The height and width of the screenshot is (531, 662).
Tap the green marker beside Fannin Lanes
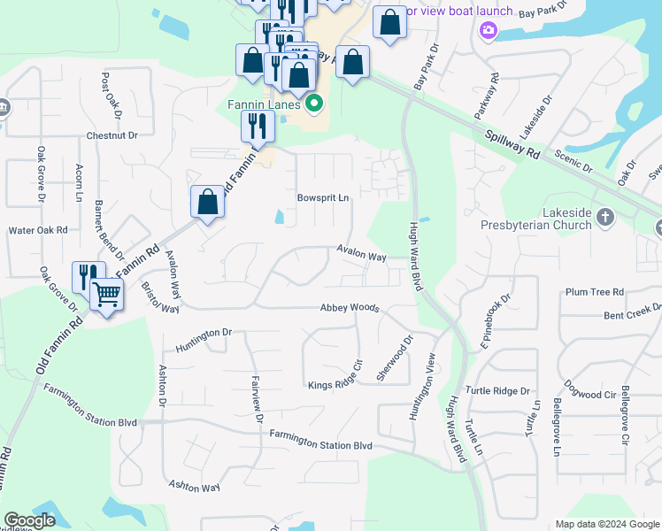click(x=313, y=105)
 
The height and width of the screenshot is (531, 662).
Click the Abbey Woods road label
click(x=350, y=308)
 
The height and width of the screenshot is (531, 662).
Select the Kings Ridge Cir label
click(x=336, y=384)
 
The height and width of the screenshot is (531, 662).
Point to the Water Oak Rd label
click(x=38, y=230)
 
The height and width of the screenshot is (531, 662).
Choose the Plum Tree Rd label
click(x=595, y=291)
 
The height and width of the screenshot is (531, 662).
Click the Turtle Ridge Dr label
click(x=499, y=390)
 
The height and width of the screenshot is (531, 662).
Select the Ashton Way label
click(x=194, y=487)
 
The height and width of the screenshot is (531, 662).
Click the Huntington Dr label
click(x=203, y=334)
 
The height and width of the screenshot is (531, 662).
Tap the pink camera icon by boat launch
click(x=487, y=32)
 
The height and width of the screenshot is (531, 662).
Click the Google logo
click(x=30, y=521)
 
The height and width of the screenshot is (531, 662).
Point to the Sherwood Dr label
click(x=395, y=358)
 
